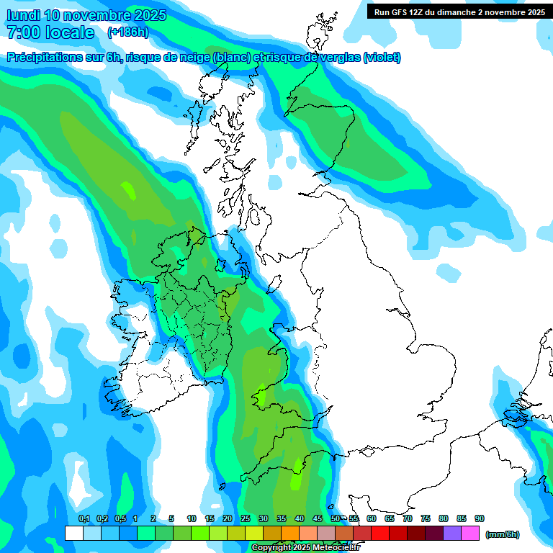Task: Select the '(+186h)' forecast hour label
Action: coord(127,32)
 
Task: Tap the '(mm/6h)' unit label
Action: coord(503,534)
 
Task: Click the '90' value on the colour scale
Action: coord(480,519)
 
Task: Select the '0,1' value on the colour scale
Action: coord(84,519)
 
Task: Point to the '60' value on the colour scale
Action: coord(372,519)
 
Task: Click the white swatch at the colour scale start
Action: coord(73,533)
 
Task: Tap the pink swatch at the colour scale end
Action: coord(470,533)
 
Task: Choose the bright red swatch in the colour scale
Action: coord(380,533)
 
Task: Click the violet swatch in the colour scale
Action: coord(452,533)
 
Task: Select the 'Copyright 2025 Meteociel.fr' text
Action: coord(305,547)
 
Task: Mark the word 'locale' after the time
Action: coord(69,32)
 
